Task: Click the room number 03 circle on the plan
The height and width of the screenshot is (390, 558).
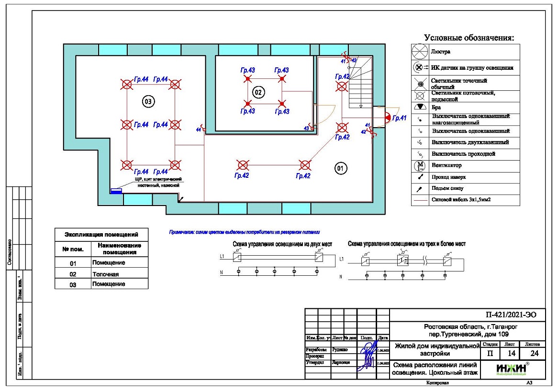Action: coord(148,101)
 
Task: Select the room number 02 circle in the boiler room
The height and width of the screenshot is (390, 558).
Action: coord(258,92)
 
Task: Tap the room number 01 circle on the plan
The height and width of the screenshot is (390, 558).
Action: coord(340,168)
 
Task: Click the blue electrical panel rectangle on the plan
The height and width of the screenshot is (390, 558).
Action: coord(116,191)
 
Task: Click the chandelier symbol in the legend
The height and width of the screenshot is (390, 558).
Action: coord(419,51)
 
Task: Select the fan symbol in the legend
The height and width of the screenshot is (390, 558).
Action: coord(419,166)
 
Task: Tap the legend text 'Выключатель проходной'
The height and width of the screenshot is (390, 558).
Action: coord(463,154)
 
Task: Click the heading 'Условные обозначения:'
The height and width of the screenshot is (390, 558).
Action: coord(469,38)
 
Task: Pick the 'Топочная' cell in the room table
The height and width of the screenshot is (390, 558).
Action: coord(105,274)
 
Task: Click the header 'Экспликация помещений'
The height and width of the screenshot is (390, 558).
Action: coord(101,235)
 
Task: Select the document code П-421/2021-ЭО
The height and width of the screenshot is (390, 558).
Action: coord(508,315)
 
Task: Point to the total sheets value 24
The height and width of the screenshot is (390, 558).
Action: coord(532,354)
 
